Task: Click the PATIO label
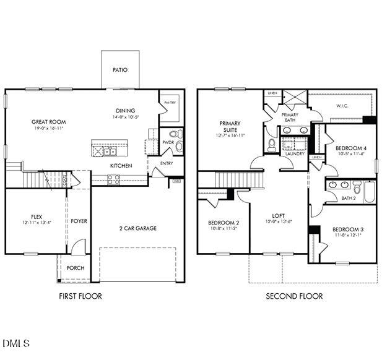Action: [120, 70]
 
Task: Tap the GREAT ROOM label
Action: [49, 122]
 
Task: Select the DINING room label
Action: [126, 111]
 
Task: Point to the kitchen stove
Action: [114, 179]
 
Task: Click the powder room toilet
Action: [175, 134]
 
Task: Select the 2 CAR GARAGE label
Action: [138, 228]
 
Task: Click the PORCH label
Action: [76, 268]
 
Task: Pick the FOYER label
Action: [79, 221]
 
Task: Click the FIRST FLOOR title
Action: [80, 296]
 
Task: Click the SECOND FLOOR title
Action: [294, 296]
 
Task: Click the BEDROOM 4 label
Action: [351, 148]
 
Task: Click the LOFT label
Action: [279, 216]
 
